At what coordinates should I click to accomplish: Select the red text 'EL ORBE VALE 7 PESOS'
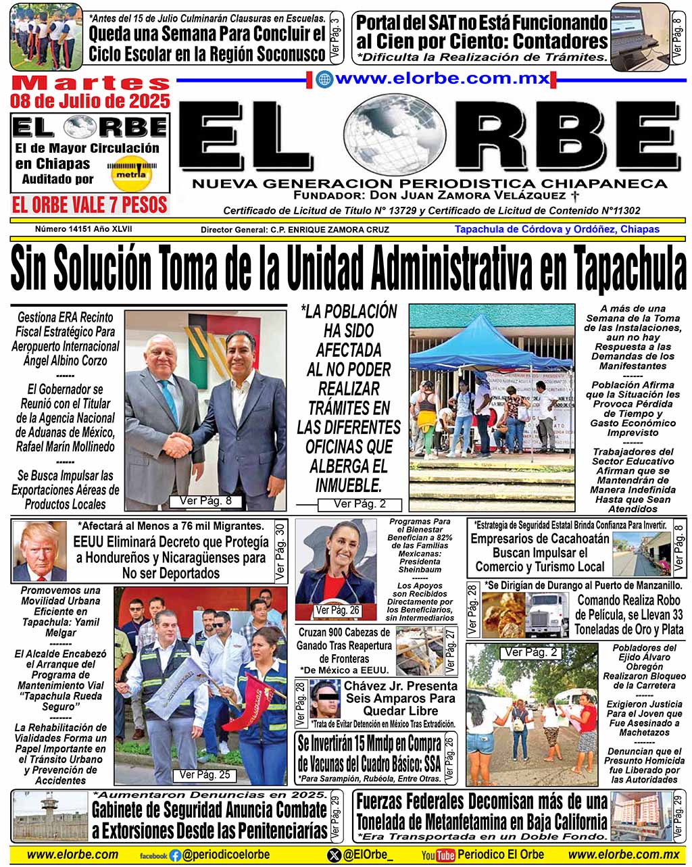click(90, 205)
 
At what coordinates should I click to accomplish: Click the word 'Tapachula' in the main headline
click(630, 268)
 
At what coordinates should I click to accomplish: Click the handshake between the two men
click(179, 445)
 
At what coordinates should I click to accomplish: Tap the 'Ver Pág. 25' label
click(204, 775)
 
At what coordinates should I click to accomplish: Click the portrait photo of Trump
click(40, 551)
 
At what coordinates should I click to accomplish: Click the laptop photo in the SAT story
click(638, 32)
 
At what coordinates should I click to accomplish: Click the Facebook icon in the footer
click(176, 855)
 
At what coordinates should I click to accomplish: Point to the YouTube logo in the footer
click(438, 856)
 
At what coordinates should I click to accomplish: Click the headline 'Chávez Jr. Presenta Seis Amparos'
click(400, 698)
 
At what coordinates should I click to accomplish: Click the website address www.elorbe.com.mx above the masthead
click(432, 78)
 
